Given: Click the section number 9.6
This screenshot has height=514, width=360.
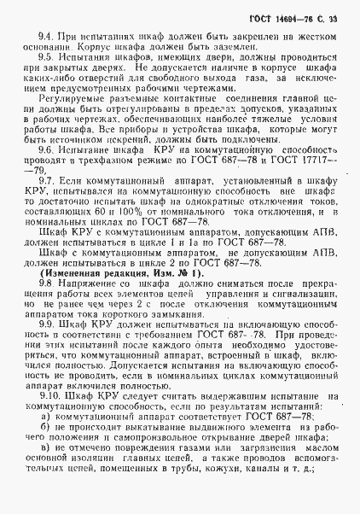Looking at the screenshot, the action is [46, 172].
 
